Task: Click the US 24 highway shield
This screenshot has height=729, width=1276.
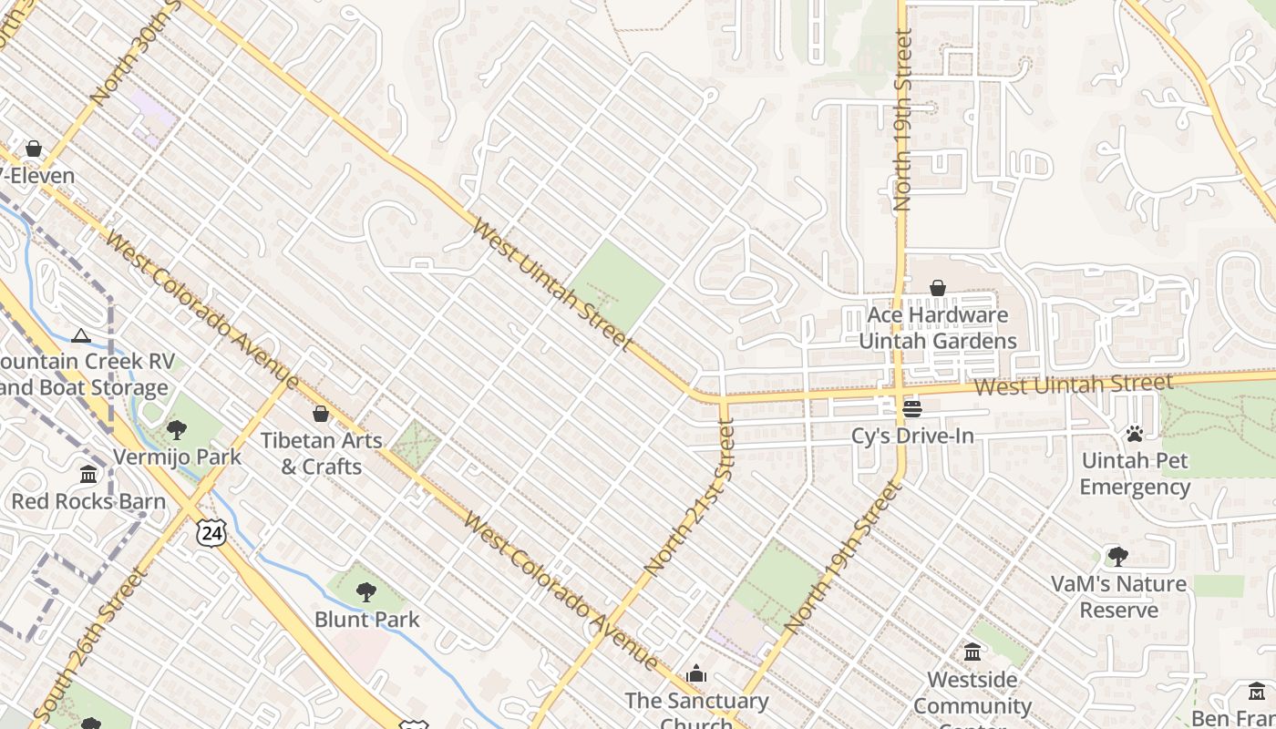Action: pyautogui.click(x=211, y=533)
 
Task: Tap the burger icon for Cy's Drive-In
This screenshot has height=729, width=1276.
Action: pyautogui.click(x=912, y=409)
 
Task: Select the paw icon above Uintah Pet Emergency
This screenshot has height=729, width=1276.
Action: pyautogui.click(x=1135, y=434)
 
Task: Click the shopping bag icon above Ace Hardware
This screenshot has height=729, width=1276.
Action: pyautogui.click(x=937, y=289)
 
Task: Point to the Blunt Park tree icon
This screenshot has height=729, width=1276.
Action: pyautogui.click(x=366, y=592)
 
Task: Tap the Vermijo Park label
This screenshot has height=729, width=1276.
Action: pyautogui.click(x=177, y=457)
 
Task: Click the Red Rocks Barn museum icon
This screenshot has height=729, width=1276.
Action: pyautogui.click(x=88, y=475)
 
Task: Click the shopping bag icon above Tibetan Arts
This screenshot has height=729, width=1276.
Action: pyautogui.click(x=321, y=415)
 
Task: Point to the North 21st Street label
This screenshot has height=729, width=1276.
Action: pyautogui.click(x=689, y=497)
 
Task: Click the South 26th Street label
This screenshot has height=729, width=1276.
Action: pyautogui.click(x=88, y=643)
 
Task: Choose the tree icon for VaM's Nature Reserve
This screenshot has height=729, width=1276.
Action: pyautogui.click(x=1117, y=556)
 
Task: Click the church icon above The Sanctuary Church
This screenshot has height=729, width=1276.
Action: pyautogui.click(x=697, y=673)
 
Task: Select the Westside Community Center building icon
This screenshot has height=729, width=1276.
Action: pyautogui.click(x=972, y=652)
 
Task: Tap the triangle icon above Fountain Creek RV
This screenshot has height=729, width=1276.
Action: pyautogui.click(x=81, y=335)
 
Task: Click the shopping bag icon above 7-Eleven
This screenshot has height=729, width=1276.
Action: pyautogui.click(x=34, y=149)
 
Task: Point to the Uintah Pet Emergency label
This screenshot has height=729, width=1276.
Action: pyautogui.click(x=1135, y=474)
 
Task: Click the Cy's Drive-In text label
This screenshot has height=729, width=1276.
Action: pyautogui.click(x=912, y=436)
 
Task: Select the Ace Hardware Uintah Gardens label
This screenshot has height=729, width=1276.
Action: pyautogui.click(x=938, y=328)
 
